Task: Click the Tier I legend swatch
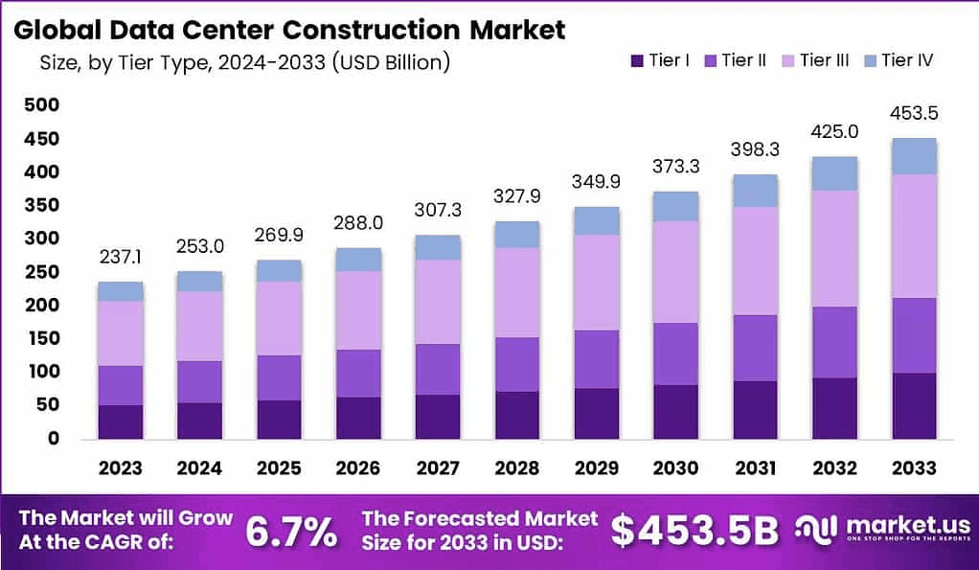point(637,61)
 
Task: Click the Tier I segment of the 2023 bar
point(120,422)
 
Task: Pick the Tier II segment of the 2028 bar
point(517,364)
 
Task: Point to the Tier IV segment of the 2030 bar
point(674,206)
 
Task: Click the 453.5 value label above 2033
point(913,113)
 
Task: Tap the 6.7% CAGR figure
point(291,532)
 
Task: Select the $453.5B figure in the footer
point(694,532)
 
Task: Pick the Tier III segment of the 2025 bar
point(278,318)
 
